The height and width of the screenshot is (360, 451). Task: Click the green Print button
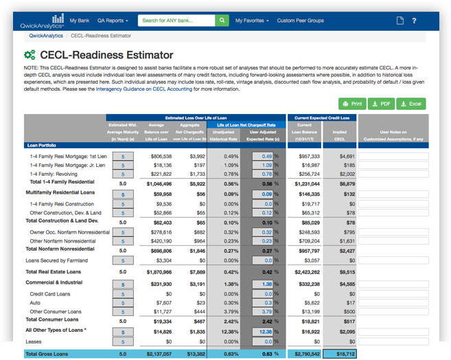(352, 104)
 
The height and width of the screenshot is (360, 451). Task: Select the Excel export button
(410, 104)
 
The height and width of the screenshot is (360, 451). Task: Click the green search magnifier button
(222, 21)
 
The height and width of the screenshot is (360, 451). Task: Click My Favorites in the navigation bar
(252, 21)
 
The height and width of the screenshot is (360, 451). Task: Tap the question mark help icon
(414, 21)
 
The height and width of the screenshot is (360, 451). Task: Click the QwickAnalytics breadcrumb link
(46, 36)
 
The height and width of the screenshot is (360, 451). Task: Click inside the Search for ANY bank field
(176, 21)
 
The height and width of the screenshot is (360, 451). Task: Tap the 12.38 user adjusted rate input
(263, 331)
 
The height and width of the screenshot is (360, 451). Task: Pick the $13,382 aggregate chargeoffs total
(193, 354)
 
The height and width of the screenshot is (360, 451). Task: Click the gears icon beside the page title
(30, 55)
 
